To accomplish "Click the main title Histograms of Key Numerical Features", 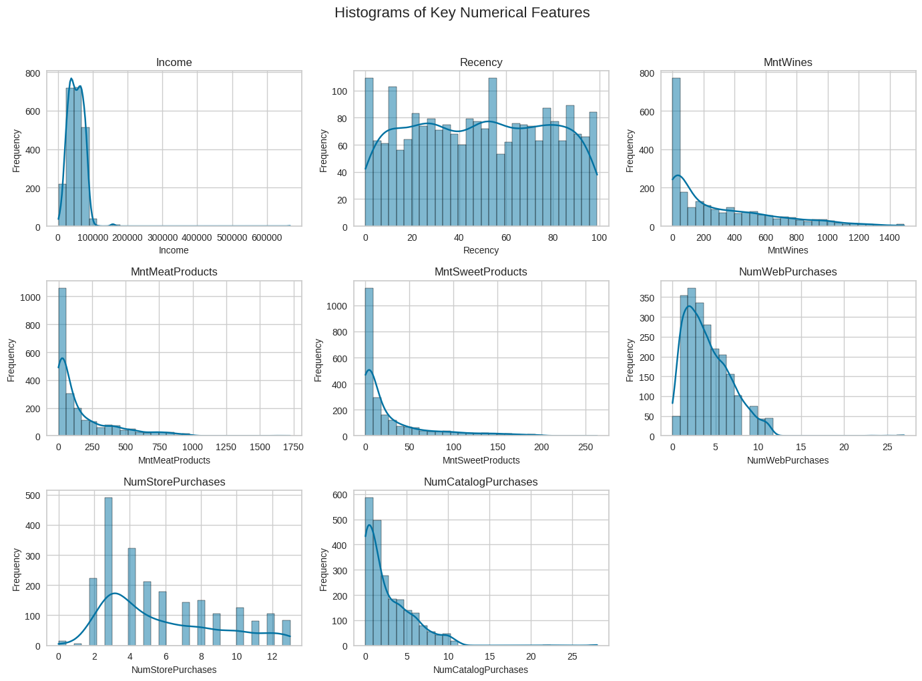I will pos(462,13).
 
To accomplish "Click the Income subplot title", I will pos(174,62).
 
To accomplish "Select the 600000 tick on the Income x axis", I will pos(267,237).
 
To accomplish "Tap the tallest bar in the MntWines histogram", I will pos(676,153).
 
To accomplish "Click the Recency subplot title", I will pos(481,62).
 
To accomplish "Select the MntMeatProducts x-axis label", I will pos(174,460).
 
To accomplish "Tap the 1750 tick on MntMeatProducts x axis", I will pos(293,447).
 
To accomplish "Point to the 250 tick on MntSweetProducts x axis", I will pos(586,447).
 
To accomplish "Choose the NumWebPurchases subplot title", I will pos(788,271).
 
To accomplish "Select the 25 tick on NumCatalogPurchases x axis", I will pos(572,656).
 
